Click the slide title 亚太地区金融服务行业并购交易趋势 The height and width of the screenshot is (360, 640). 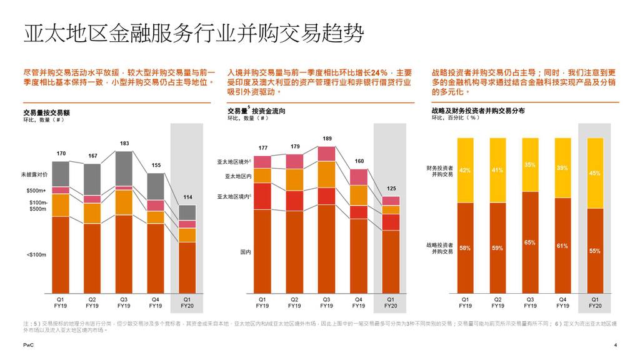click(193, 32)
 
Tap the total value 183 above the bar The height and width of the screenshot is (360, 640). click(124, 144)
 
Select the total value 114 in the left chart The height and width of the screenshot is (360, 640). click(187, 197)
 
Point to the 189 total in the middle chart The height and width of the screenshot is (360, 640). click(327, 138)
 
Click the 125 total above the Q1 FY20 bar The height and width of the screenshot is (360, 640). click(391, 188)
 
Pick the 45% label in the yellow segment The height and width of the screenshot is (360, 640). click(594, 173)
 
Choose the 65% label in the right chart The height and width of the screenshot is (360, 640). click(530, 242)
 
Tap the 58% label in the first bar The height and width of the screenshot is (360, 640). click(465, 248)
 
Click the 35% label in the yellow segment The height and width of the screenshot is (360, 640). click(530, 164)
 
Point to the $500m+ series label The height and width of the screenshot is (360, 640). click(36, 190)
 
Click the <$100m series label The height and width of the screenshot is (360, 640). click(36, 254)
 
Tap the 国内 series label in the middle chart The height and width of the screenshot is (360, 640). click(245, 252)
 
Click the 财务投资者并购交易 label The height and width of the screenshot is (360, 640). click(440, 171)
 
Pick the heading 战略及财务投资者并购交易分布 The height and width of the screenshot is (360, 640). click(478, 111)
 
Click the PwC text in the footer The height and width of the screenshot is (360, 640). click(28, 345)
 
